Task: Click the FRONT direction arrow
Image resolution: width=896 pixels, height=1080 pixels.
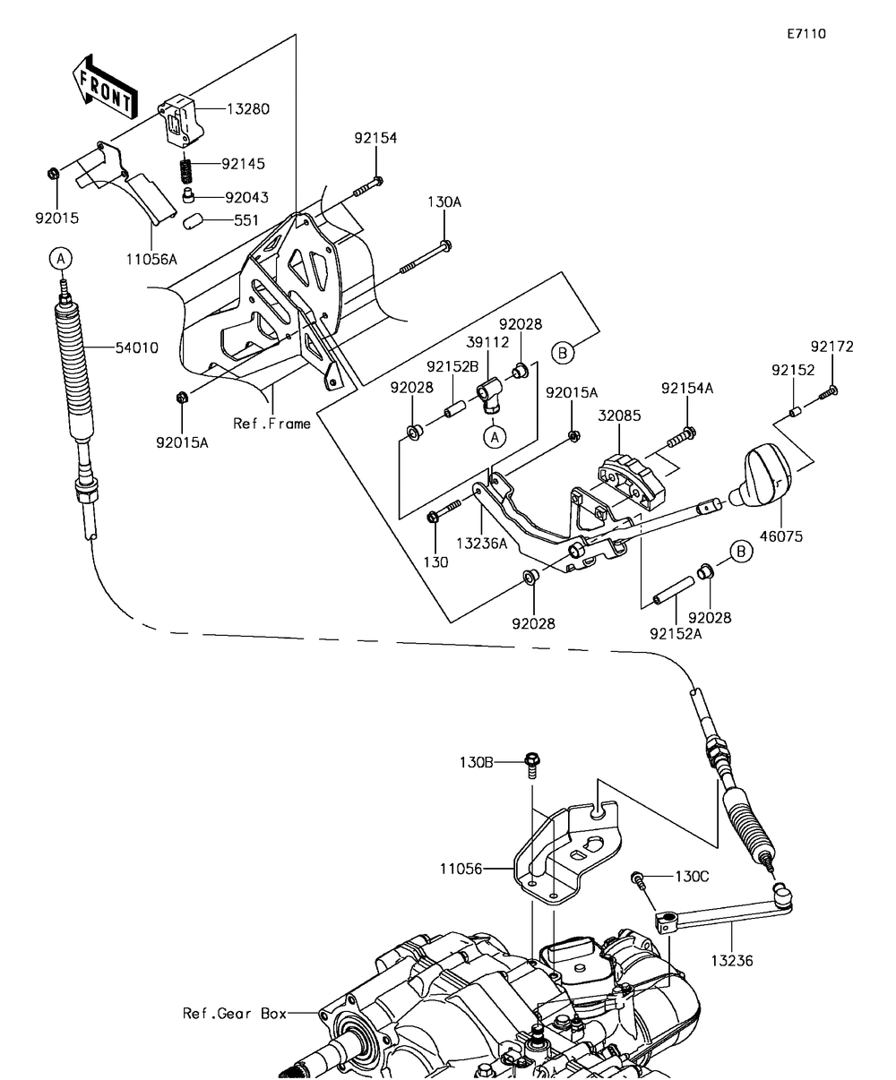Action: coord(105,86)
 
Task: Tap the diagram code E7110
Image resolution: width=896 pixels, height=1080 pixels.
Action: coord(806,34)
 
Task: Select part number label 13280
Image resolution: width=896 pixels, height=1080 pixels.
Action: coord(248,109)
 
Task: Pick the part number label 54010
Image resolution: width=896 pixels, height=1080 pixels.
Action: coord(137,347)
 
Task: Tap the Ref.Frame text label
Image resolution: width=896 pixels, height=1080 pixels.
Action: coord(271,424)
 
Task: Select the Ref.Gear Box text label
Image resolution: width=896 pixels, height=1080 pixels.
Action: coord(235,1013)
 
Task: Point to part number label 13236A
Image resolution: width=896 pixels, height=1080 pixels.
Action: coord(482,543)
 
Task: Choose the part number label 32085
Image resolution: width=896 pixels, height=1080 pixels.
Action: coord(620,416)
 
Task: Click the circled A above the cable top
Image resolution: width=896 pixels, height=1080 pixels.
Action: coord(61,258)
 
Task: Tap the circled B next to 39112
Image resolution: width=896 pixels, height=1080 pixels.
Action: coord(563,353)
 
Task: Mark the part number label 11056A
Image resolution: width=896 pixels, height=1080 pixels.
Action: coord(151,259)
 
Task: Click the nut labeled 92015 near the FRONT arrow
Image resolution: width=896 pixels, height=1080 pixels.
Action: coord(53,174)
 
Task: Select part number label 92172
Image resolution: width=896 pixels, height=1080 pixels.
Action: coord(831,347)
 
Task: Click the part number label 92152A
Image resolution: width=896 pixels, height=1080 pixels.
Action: coord(676,634)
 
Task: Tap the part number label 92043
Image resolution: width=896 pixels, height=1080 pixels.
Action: coord(247,198)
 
